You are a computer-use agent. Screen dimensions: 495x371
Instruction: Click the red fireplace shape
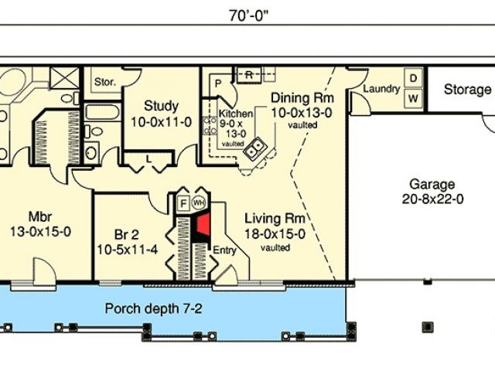click(x=203, y=225)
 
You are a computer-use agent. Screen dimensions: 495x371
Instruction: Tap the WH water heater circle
click(x=199, y=203)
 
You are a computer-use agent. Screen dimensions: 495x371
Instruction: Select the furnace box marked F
click(x=183, y=203)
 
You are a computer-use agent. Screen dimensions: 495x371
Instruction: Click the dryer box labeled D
click(x=414, y=78)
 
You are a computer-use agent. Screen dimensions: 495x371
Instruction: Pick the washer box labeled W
click(x=414, y=99)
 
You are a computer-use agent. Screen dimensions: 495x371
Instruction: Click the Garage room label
click(x=432, y=184)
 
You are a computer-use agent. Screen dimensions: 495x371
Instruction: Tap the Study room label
click(x=161, y=106)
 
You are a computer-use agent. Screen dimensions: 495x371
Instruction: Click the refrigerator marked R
click(x=249, y=75)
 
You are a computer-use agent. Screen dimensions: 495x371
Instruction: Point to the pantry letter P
click(x=218, y=83)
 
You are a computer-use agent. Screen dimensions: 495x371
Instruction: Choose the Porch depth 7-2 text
click(x=153, y=308)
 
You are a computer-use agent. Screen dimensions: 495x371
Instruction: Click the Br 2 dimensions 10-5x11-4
click(x=127, y=250)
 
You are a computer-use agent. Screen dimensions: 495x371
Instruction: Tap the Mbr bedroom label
click(x=40, y=216)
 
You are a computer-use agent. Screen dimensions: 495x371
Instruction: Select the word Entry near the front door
click(x=224, y=250)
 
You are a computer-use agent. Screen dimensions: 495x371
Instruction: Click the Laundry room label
click(x=381, y=89)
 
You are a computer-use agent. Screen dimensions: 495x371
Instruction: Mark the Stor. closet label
click(x=105, y=82)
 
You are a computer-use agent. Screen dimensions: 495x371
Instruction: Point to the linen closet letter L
click(x=148, y=159)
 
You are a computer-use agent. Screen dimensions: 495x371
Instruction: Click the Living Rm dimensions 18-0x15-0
click(x=275, y=234)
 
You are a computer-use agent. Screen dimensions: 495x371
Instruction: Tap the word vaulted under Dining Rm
click(x=302, y=125)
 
